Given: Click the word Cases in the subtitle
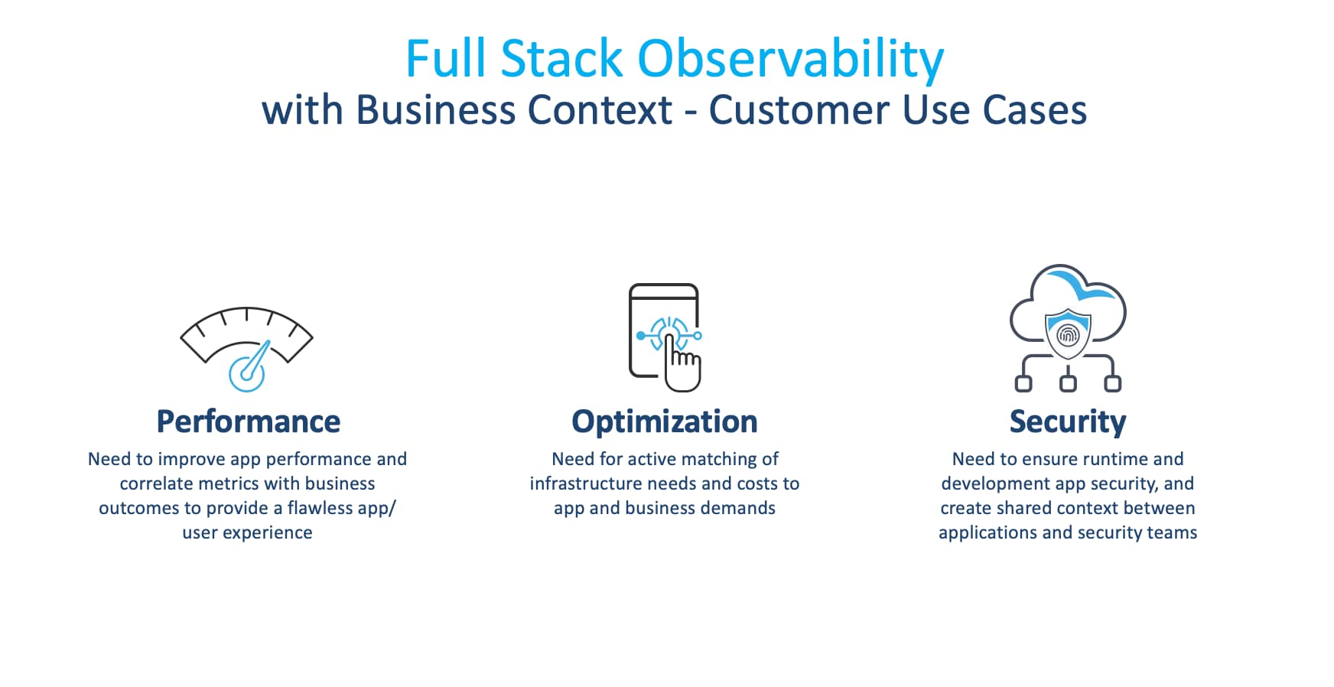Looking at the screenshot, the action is click(x=1035, y=109).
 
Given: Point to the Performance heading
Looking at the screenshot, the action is click(x=248, y=422).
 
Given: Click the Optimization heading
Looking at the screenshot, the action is click(x=665, y=422).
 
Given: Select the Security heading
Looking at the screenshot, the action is click(x=1068, y=422).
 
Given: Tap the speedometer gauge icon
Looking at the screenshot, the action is click(x=246, y=349).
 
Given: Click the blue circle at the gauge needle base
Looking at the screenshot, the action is click(x=246, y=374).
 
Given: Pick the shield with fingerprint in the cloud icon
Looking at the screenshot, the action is click(x=1068, y=334).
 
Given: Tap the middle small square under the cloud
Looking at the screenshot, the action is click(x=1068, y=383).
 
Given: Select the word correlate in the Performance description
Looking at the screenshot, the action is click(x=155, y=484).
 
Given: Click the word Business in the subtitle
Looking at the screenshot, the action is click(x=438, y=109).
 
